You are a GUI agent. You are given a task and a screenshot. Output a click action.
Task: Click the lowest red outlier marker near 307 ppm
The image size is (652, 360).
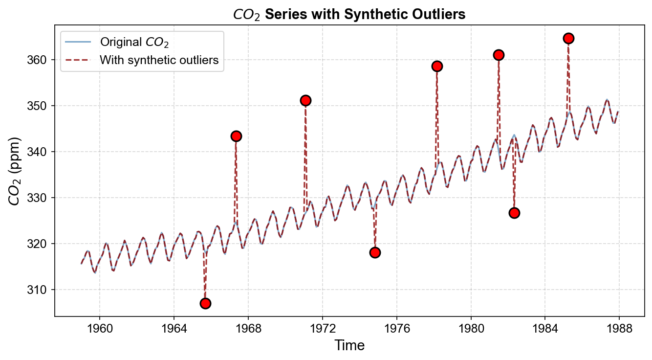click(205, 303)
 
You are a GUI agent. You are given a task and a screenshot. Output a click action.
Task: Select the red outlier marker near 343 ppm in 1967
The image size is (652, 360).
click(236, 136)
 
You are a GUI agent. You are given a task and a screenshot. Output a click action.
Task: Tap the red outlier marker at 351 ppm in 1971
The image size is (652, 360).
click(305, 100)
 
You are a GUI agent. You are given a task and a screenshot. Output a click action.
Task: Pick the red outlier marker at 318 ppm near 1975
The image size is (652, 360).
click(375, 252)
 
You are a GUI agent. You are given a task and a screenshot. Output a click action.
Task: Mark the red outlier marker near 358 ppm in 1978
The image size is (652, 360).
click(437, 66)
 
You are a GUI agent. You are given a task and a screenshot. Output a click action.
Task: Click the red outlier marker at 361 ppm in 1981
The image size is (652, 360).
click(499, 55)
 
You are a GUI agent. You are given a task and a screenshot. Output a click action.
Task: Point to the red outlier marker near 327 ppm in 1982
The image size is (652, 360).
click(514, 213)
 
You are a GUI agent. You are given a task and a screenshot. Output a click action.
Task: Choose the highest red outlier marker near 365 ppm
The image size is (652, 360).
click(568, 38)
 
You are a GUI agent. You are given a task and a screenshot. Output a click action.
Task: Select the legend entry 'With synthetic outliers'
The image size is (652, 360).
click(159, 60)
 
